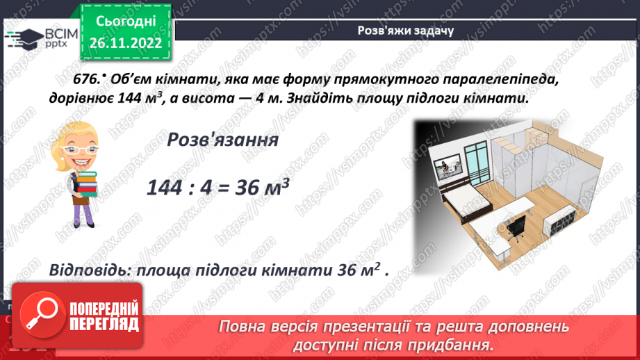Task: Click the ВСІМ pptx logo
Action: pos(35,37)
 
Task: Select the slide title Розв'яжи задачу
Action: pos(406,31)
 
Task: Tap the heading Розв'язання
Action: pos(223,140)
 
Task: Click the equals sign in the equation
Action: pos(229,187)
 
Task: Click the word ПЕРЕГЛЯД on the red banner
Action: pos(105,324)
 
